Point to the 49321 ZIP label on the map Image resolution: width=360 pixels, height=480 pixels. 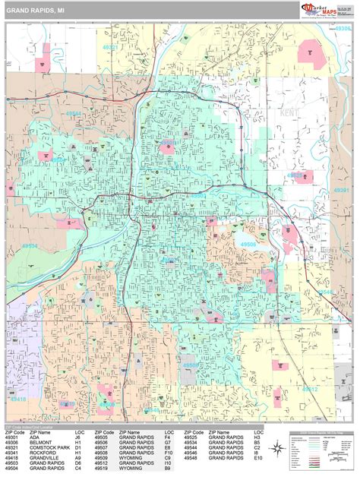(109, 46)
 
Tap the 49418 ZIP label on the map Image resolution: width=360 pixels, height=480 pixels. (17, 399)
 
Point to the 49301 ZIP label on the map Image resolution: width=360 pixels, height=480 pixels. (342, 191)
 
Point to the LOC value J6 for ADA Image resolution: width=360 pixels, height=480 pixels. (78, 437)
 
